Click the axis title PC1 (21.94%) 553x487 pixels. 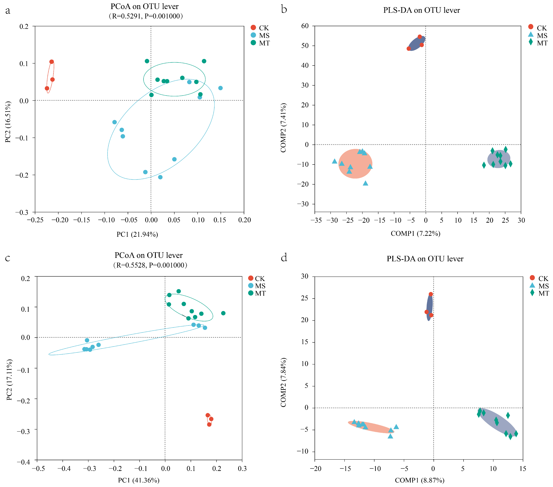tap(137, 234)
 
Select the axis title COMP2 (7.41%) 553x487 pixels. tap(283, 128)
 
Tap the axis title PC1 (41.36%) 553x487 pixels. tap(138, 480)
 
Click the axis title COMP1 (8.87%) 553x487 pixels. tap(419, 480)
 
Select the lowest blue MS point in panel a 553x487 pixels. tap(160, 177)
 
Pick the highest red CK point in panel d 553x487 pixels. tap(431, 294)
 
